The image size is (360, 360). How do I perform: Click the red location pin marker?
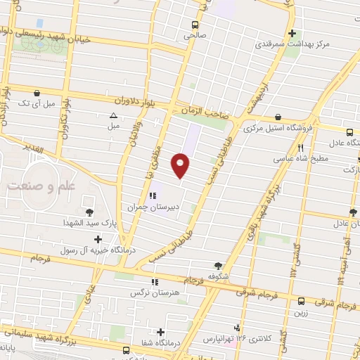[x=181, y=165]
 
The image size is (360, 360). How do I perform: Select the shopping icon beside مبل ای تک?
[x=37, y=93]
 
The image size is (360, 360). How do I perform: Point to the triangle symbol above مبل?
[x=112, y=116]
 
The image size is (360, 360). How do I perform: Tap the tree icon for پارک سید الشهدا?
[x=90, y=212]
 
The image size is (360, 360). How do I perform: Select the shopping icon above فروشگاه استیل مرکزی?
[x=279, y=117]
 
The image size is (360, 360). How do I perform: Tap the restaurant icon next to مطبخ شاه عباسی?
[x=301, y=148]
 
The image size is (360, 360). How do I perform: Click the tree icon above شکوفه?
[x=219, y=265]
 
